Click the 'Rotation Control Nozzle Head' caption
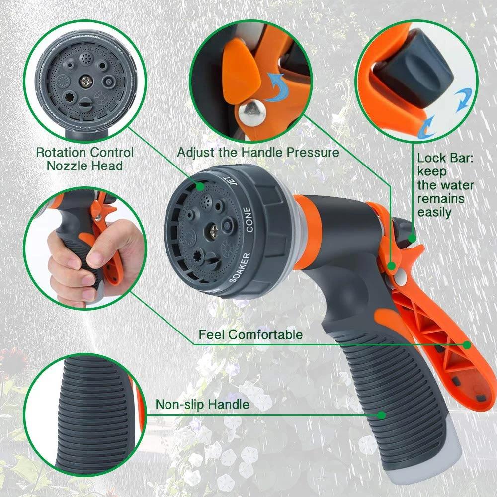(x=84, y=159)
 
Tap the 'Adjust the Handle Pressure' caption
(x=258, y=152)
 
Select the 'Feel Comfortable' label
(x=250, y=334)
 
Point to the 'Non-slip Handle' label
(x=202, y=405)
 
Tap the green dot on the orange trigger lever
(x=467, y=344)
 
